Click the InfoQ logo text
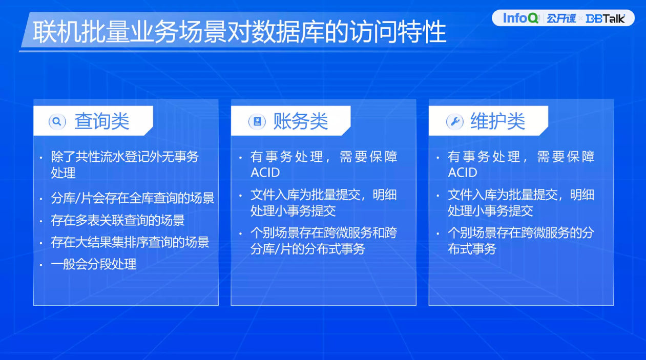click(x=520, y=18)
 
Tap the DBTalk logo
click(x=606, y=19)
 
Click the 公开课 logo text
click(x=561, y=18)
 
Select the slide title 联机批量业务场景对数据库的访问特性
click(x=240, y=32)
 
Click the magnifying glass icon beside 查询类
click(x=57, y=122)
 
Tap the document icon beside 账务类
click(x=257, y=122)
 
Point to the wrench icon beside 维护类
click(x=455, y=122)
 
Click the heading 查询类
click(x=102, y=121)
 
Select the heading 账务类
click(x=301, y=121)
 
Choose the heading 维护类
click(x=498, y=121)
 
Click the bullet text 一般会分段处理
click(x=93, y=264)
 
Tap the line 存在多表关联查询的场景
click(x=118, y=220)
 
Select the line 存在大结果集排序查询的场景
click(x=130, y=242)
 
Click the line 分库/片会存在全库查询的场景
click(x=132, y=198)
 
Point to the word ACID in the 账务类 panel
click(x=265, y=173)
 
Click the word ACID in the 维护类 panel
click(x=463, y=173)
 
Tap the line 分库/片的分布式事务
click(x=308, y=249)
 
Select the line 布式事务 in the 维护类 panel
click(x=472, y=249)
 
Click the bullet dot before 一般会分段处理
click(x=41, y=265)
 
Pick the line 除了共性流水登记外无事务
click(x=125, y=157)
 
